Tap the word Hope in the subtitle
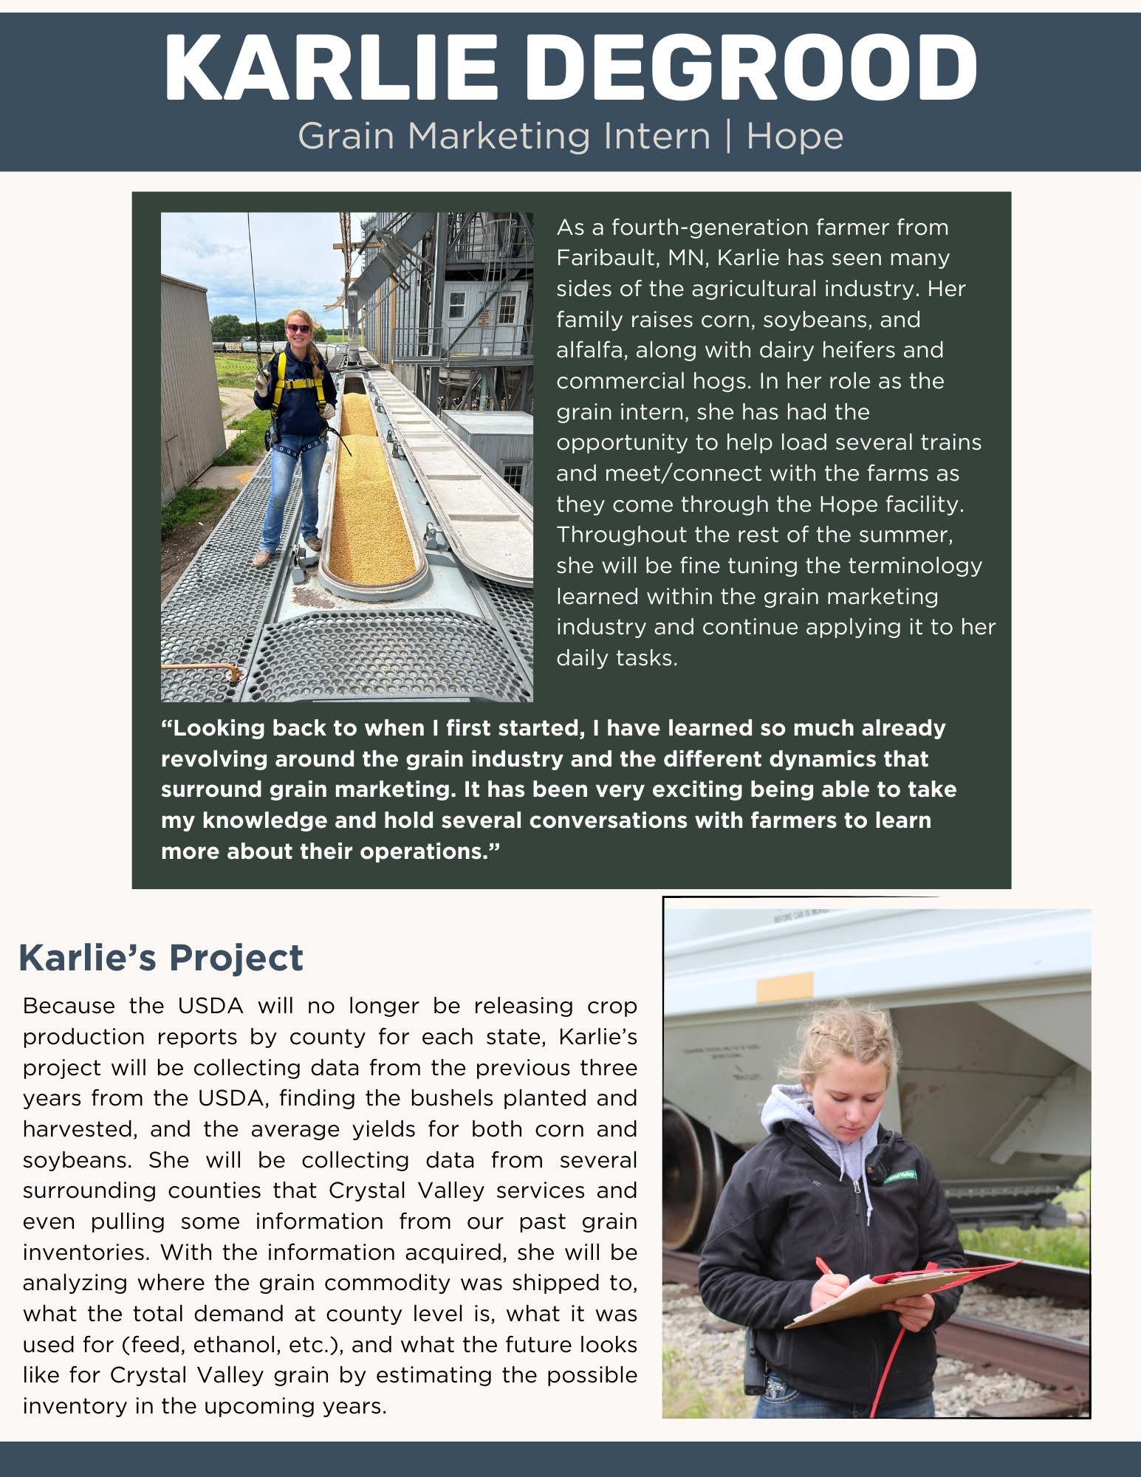pyautogui.click(x=795, y=137)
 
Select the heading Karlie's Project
pyautogui.click(x=161, y=958)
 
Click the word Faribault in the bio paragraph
pyautogui.click(x=607, y=258)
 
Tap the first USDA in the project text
pyautogui.click(x=210, y=1006)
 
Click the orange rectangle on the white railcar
pyautogui.click(x=785, y=987)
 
